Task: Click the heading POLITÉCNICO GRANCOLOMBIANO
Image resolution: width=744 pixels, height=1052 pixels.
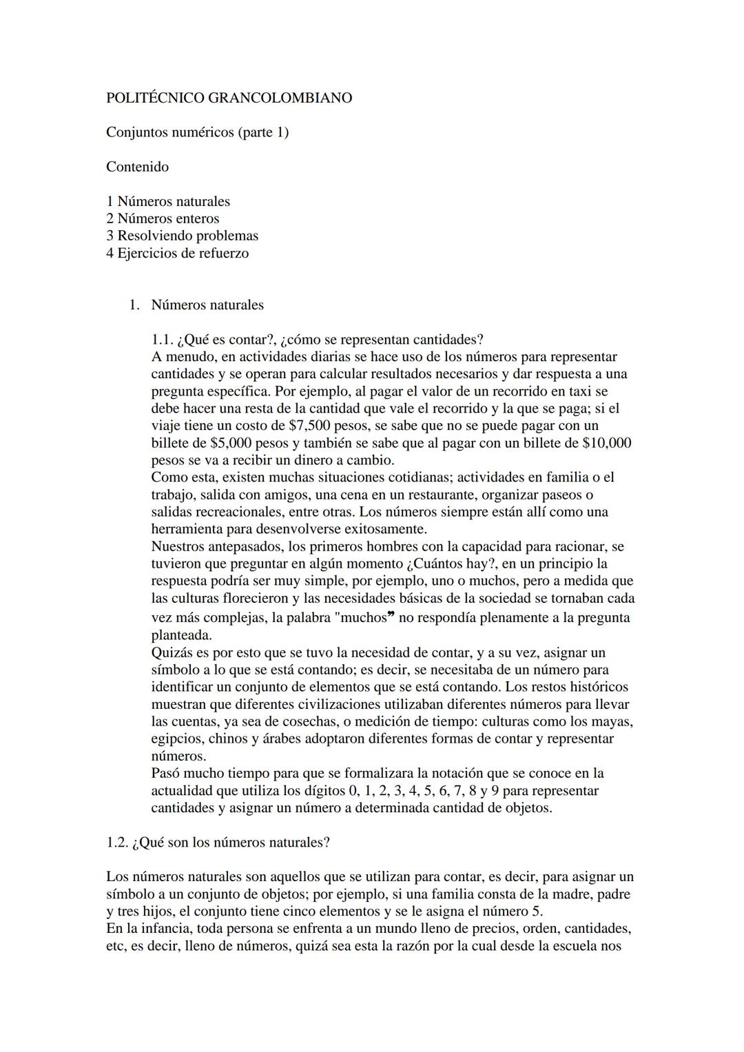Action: tap(229, 98)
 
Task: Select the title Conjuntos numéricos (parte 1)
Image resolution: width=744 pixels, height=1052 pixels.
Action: tap(197, 132)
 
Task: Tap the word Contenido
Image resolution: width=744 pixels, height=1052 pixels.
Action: tap(137, 167)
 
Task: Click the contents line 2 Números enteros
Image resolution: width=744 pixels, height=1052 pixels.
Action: tap(163, 218)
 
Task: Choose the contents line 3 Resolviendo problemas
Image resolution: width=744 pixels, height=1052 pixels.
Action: tap(182, 236)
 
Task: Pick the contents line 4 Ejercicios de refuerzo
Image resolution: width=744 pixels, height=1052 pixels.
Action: tap(177, 253)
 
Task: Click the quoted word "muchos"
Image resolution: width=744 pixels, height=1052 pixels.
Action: tap(364, 617)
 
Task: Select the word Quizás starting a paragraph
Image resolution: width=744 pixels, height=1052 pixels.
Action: tap(172, 652)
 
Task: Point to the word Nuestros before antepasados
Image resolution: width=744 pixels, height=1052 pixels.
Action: tap(178, 547)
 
